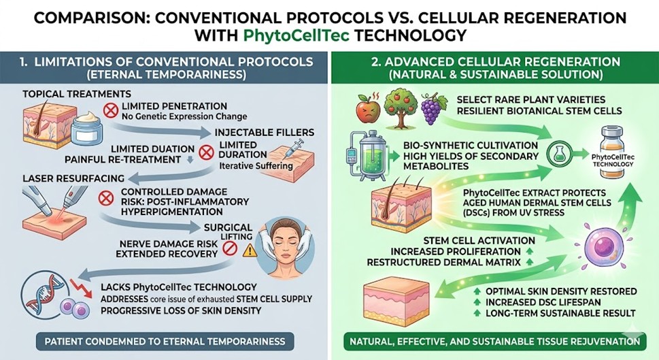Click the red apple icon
click(x=367, y=109)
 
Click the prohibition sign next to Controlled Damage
click(x=105, y=199)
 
